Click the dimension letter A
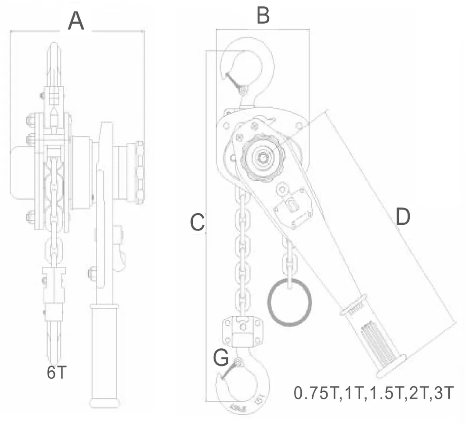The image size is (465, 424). click(x=76, y=21)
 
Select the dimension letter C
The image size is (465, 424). click(x=197, y=223)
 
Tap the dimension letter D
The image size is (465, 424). click(x=402, y=217)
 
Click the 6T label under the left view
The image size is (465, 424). click(x=57, y=373)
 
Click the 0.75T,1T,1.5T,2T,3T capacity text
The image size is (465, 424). click(x=373, y=393)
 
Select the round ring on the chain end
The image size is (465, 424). click(x=290, y=303)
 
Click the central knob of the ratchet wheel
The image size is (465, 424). click(x=262, y=157)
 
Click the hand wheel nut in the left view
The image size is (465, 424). click(x=140, y=172)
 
